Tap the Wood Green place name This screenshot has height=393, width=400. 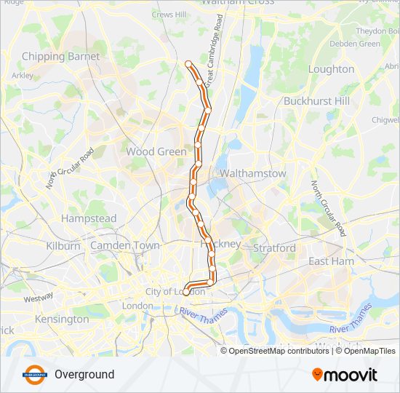click(x=156, y=152)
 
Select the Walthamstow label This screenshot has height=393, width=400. click(x=252, y=174)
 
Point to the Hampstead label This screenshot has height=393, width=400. click(x=89, y=218)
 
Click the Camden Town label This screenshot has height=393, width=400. click(x=124, y=246)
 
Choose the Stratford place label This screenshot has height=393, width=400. click(x=274, y=248)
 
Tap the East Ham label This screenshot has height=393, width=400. click(x=331, y=261)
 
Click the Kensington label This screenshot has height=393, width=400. click(x=61, y=319)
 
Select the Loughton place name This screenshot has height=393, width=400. click(x=331, y=69)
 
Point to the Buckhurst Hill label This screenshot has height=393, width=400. click(x=316, y=101)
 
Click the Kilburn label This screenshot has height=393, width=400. click(x=63, y=246)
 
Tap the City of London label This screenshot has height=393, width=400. click(x=175, y=292)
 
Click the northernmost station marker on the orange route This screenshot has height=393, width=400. click(x=189, y=64)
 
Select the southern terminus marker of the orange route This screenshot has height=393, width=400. click(x=185, y=293)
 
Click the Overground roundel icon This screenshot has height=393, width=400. click(x=34, y=375)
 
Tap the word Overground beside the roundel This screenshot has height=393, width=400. click(x=84, y=375)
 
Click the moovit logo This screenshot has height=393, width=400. click(x=345, y=375)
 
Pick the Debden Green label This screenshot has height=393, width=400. click(x=356, y=44)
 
